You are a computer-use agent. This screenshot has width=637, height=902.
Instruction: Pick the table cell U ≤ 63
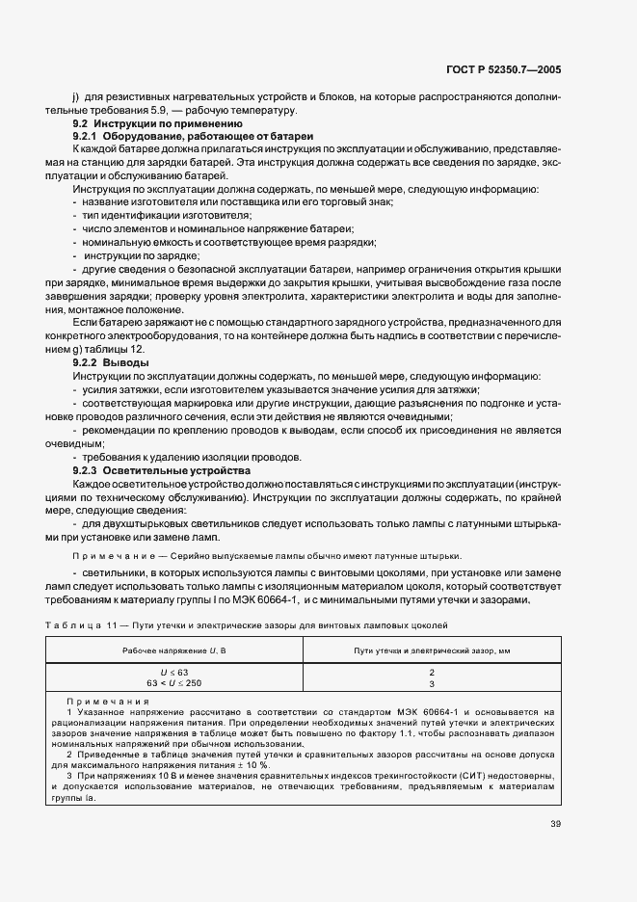(174, 671)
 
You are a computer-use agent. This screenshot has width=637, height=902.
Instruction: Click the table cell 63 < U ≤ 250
(174, 682)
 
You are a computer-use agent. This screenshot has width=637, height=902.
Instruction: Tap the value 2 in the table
(432, 671)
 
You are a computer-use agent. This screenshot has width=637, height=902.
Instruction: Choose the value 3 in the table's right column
(432, 682)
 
